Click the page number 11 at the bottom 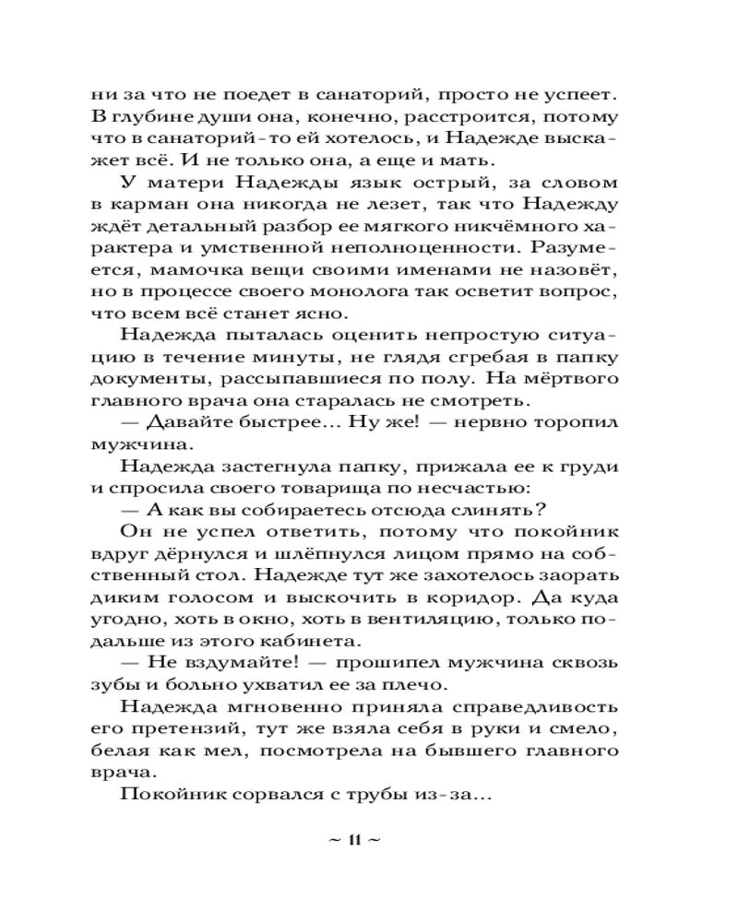[353, 839]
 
